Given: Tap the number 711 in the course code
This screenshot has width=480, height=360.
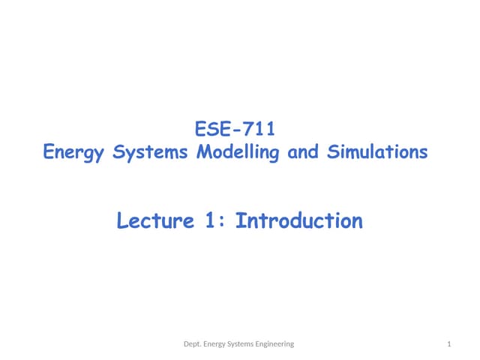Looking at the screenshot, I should click(x=262, y=129).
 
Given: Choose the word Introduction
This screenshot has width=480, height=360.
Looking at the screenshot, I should click(x=299, y=221).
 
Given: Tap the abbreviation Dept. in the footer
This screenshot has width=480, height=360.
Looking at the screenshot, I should click(x=194, y=343).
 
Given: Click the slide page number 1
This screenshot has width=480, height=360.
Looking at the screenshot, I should click(x=448, y=343).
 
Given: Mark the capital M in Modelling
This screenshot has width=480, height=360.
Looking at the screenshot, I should click(x=202, y=152).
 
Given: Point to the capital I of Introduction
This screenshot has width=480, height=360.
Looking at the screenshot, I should click(x=241, y=221).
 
